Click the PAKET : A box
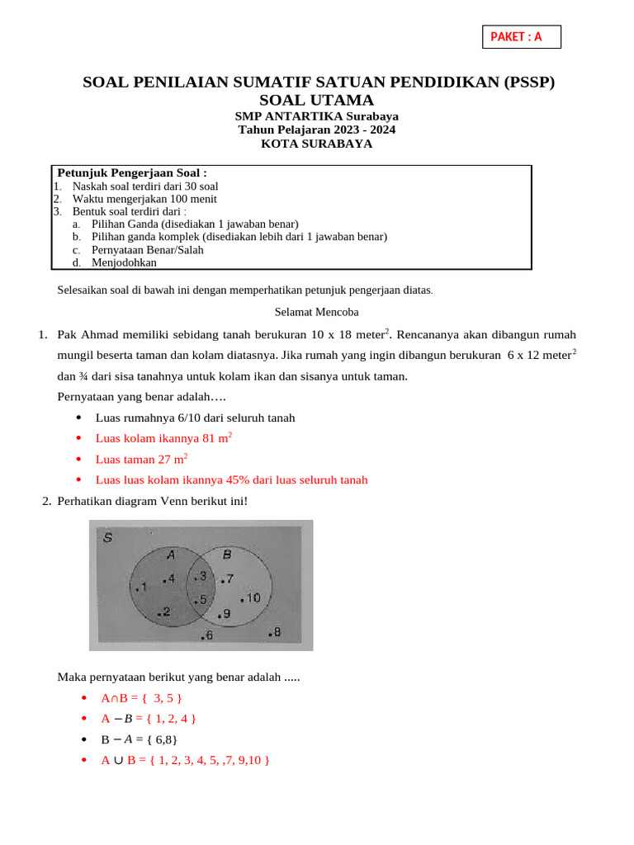point(521,37)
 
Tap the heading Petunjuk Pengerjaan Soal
point(131,172)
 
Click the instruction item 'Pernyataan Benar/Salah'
point(148,250)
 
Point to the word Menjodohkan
point(124,262)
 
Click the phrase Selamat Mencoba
point(316,312)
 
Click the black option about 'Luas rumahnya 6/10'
point(195,418)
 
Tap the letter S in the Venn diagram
point(108,538)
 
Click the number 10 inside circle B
point(253,597)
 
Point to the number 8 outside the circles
point(277,632)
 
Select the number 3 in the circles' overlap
point(201,574)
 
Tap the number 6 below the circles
point(209,635)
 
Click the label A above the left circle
point(171,555)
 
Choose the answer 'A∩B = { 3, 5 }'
point(135,698)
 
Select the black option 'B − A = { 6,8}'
point(139,739)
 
